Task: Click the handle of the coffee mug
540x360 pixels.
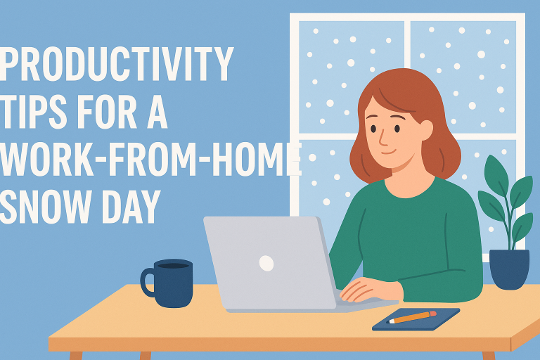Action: click(148, 281)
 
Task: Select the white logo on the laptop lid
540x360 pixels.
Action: click(266, 263)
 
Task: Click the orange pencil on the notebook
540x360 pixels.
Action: click(413, 317)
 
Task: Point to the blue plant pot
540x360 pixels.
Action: click(509, 269)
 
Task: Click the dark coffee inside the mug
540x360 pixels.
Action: click(173, 265)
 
